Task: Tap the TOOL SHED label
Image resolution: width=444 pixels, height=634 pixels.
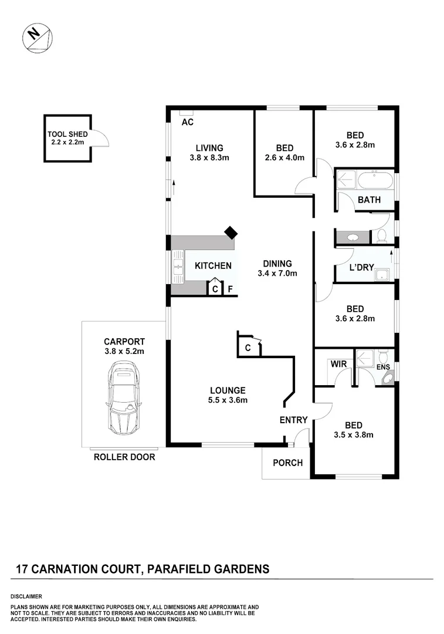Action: (67, 138)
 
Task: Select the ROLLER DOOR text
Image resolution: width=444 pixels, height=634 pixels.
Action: (124, 457)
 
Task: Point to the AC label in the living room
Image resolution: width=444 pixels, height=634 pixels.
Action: (188, 123)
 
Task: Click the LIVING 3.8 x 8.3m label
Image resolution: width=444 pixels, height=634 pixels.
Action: (209, 153)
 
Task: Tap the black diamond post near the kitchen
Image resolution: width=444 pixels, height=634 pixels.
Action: (231, 232)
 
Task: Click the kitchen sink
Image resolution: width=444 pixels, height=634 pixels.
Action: (177, 266)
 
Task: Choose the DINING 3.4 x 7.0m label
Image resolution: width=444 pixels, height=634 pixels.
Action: (277, 268)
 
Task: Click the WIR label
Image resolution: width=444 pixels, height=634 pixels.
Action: (338, 364)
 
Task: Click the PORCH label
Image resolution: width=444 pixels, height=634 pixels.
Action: (288, 463)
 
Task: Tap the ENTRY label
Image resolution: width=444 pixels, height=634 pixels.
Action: (293, 420)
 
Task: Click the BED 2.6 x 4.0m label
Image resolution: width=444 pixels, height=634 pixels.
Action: (284, 153)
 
